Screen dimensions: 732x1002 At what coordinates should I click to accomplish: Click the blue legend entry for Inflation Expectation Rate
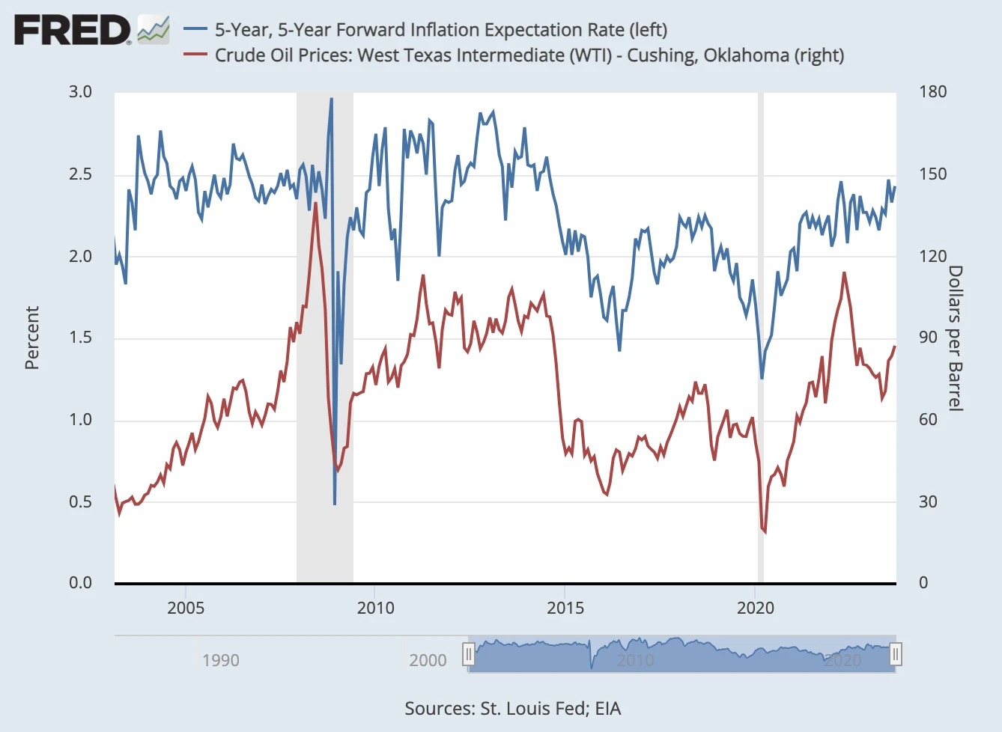pos(440,30)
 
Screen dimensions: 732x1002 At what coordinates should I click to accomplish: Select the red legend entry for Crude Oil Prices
pos(529,55)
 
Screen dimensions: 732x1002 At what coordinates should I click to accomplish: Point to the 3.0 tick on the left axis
pos(80,92)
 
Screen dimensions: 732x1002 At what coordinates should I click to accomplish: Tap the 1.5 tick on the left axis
pos(80,338)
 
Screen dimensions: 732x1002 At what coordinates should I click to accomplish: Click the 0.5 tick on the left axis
pos(80,501)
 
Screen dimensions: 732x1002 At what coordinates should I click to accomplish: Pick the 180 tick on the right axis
pos(933,92)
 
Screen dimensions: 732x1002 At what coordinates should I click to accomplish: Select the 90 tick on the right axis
pos(928,338)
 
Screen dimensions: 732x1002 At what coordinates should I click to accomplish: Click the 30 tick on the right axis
pos(928,501)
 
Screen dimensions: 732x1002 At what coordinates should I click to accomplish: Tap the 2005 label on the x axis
pos(186,608)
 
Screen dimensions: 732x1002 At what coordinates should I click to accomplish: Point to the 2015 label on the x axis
pos(565,608)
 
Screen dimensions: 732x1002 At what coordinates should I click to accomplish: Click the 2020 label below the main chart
pos(755,608)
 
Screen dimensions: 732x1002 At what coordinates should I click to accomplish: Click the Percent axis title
pos(31,338)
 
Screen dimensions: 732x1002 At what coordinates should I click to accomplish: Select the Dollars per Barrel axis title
pos(956,338)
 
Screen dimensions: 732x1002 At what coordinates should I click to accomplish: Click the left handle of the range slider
pos(469,655)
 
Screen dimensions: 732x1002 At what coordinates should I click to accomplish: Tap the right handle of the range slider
pos(895,655)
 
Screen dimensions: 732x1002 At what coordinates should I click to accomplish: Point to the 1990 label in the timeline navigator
pos(221,660)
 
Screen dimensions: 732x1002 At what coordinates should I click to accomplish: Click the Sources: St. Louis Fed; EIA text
pos(513,709)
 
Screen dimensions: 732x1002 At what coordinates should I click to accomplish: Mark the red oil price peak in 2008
pos(315,203)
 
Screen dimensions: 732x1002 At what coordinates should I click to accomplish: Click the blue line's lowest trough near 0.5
pos(335,504)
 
